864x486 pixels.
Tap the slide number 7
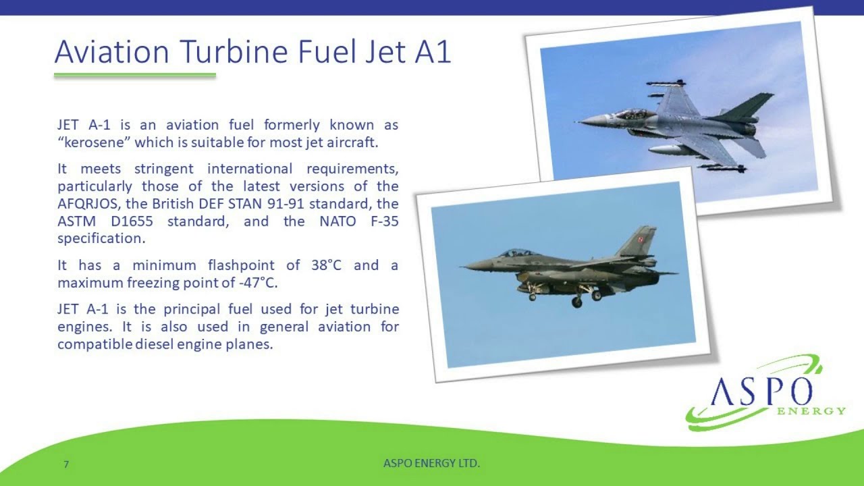coord(66,464)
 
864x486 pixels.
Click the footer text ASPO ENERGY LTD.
coord(431,463)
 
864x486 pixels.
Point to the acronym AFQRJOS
coord(87,204)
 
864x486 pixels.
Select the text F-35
coord(381,221)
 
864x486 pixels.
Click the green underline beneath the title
coord(135,76)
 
